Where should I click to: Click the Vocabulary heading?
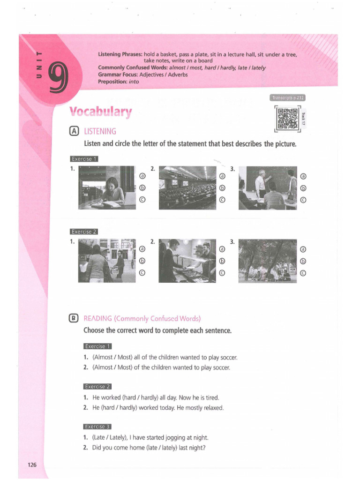[101, 112]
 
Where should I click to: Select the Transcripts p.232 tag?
[287, 98]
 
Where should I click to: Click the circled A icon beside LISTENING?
[74, 131]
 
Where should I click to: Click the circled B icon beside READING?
[74, 318]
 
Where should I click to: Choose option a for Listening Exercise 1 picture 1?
[142, 176]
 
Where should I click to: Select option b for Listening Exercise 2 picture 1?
[142, 261]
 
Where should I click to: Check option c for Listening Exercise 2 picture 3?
[303, 273]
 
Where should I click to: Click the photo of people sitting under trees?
[268, 261]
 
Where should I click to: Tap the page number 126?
[32, 465]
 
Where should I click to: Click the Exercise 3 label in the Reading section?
[97, 427]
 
